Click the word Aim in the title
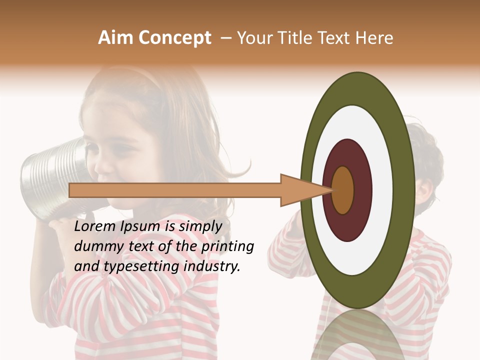(x=115, y=38)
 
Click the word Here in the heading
(x=374, y=38)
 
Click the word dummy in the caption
(x=95, y=246)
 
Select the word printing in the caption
(x=226, y=246)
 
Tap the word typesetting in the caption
(x=140, y=266)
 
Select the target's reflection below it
(x=357, y=335)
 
